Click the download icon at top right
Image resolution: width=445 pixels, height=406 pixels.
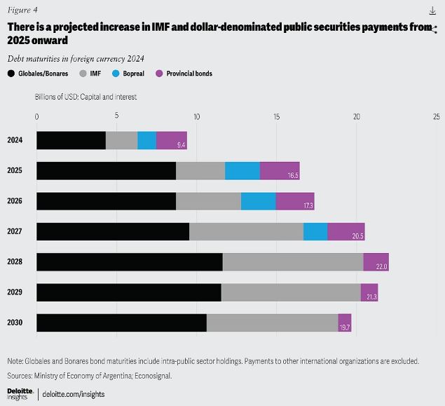[x=432, y=11]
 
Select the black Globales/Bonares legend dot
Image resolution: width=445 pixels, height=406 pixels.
[x=11, y=73]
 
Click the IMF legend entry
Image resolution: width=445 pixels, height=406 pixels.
[x=91, y=73]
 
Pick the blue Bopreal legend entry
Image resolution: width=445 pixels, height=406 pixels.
[x=132, y=73]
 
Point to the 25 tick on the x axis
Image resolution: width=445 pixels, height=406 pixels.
[x=436, y=116]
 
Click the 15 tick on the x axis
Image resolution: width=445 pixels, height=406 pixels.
[x=276, y=116]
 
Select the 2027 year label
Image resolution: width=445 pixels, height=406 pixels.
[x=15, y=231]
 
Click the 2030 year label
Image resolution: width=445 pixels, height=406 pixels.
[x=15, y=323]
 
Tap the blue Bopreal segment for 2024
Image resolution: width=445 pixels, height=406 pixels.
[x=146, y=140]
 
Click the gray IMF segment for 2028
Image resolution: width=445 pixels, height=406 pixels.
[x=293, y=262]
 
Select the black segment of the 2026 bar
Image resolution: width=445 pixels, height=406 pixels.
[x=106, y=201]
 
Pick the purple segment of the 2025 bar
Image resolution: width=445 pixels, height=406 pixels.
[x=280, y=170]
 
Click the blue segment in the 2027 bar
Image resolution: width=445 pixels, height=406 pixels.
[x=315, y=231]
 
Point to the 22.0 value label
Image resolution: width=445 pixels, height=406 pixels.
[x=381, y=267]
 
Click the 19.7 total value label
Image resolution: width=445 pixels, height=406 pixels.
[x=345, y=327]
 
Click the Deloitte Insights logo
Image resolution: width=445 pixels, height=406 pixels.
[x=19, y=393]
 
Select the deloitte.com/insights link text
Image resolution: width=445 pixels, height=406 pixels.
[x=74, y=395]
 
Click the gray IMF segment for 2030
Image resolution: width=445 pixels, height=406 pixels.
[x=272, y=323]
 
